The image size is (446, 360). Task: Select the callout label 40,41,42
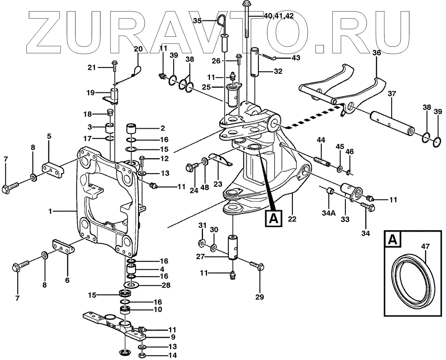coord(278,16)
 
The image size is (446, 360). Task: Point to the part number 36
coord(376,53)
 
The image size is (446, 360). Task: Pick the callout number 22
coord(292,219)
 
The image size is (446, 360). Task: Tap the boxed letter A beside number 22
coord(273,218)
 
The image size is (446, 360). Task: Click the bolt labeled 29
coord(256,265)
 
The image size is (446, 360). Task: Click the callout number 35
coord(197,21)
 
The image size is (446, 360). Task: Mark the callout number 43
coord(296,58)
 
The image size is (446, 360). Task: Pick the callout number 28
coord(166,285)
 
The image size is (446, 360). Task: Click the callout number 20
coord(138,49)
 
